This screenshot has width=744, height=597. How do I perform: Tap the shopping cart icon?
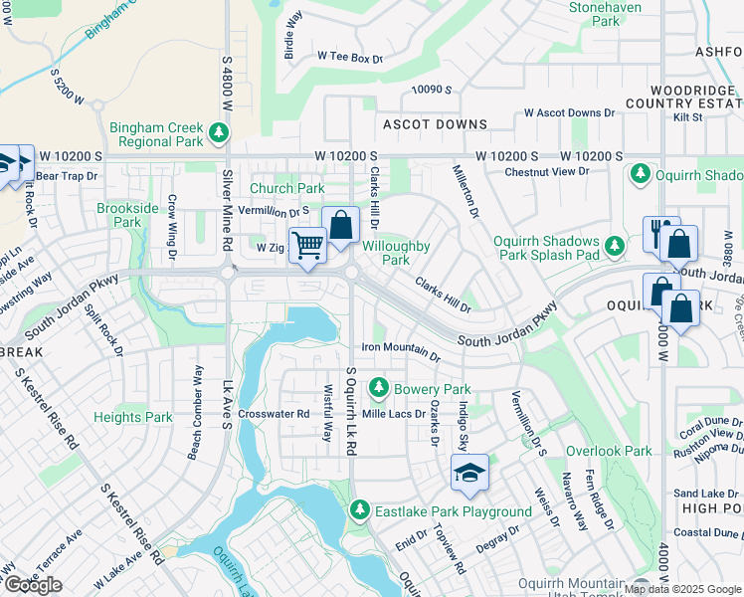point(307,244)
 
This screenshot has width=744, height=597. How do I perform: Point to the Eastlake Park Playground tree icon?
point(360,511)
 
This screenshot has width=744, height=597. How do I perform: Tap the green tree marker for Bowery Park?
point(378,388)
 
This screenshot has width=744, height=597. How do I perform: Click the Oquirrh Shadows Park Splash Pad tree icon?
point(616,245)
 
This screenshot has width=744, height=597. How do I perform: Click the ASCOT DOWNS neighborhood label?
point(436,124)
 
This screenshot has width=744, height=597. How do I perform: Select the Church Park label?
point(286,188)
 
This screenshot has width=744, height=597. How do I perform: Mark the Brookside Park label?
point(127,215)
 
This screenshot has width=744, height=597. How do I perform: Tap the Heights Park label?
point(133,418)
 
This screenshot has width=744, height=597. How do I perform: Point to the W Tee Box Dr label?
point(349,59)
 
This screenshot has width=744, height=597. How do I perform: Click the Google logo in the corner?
point(33,585)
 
